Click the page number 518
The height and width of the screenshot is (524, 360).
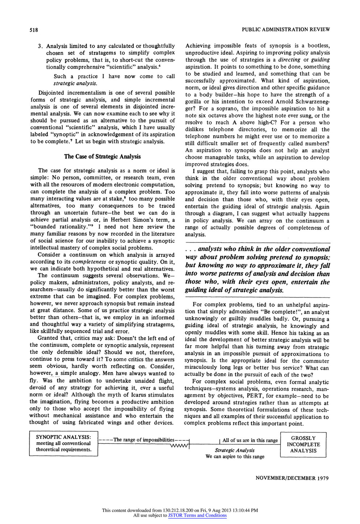tap(34, 29)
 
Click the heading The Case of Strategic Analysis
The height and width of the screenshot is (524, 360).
tap(102, 156)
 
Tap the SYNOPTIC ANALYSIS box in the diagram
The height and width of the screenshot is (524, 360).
tap(64, 443)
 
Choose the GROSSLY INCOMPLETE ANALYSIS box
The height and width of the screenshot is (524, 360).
tap(303, 444)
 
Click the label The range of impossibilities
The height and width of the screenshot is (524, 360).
tap(144, 440)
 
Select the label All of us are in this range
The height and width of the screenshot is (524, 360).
tap(250, 440)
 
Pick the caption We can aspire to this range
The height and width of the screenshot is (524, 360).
tap(235, 457)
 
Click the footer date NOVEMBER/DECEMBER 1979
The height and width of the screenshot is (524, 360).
tap(292, 478)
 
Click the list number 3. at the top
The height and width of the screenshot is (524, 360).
tap(41, 46)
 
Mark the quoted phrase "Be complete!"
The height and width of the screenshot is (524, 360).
tap(285, 312)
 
